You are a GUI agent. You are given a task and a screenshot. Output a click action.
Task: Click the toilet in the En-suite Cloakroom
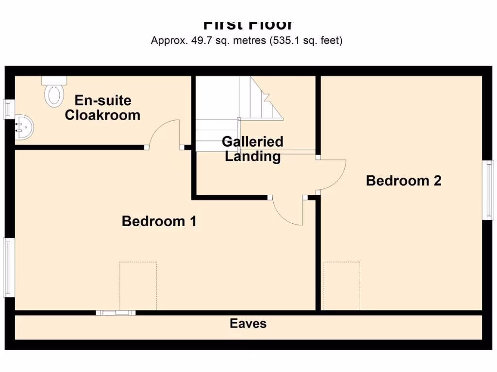click(54, 92)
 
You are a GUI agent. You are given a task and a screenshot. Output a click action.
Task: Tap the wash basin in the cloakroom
click(24, 127)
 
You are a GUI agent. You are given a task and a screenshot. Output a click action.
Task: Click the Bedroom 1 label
click(159, 221)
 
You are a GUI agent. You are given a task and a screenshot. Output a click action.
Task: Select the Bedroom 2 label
click(403, 181)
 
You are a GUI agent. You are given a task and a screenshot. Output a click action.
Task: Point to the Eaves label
click(248, 324)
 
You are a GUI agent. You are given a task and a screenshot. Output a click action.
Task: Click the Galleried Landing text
click(252, 149)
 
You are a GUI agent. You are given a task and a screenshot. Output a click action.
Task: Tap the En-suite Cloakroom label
click(102, 108)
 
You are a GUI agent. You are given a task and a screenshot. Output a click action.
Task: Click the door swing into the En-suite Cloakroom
click(163, 133)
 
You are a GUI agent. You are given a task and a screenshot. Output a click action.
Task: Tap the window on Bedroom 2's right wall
click(488, 190)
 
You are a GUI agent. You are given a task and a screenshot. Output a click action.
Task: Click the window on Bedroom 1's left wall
click(9, 267)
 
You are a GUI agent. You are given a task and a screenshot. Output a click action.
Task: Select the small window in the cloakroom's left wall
click(8, 109)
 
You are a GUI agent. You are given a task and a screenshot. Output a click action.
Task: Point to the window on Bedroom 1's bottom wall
click(116, 313)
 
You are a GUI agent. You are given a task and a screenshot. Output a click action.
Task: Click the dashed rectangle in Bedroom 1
click(138, 286)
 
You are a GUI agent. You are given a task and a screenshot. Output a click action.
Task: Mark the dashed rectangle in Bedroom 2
click(342, 286)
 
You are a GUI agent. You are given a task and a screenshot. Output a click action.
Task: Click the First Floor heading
click(248, 24)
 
